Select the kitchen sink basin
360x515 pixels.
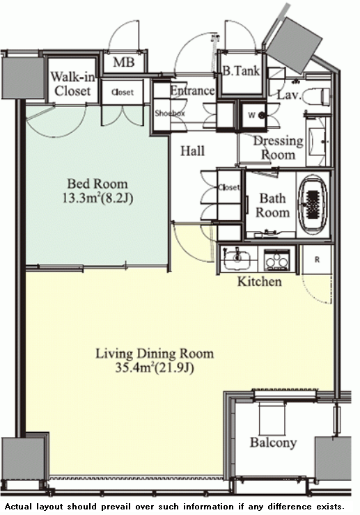tap(236, 259)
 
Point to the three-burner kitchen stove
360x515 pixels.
tap(277, 260)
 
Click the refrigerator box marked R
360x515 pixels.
tap(317, 260)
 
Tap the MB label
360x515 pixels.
tap(124, 62)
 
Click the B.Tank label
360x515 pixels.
tap(241, 70)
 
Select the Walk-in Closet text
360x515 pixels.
tap(72, 84)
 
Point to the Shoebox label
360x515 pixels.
tap(170, 113)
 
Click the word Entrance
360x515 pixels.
tap(193, 90)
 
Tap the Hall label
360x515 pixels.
tap(193, 151)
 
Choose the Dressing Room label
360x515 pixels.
tap(278, 148)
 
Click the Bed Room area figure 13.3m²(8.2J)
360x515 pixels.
tap(97, 198)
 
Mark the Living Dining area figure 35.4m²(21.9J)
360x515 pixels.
tap(155, 367)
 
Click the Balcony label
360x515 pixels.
tap(273, 443)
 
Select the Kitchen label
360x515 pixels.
tap(260, 281)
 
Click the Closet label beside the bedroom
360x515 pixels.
tap(123, 93)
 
